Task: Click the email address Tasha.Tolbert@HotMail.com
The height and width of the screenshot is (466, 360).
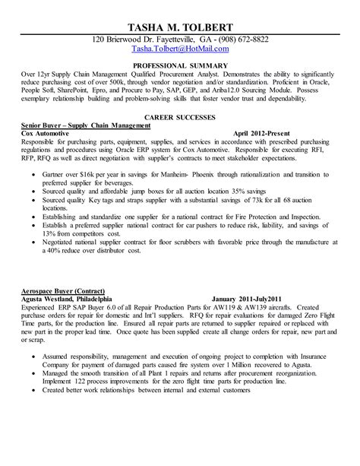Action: click(179, 49)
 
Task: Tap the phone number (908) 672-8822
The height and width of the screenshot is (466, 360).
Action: click(242, 39)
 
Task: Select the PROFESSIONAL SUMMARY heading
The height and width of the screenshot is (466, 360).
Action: click(179, 65)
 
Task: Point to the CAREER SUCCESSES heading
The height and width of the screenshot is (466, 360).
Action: click(179, 117)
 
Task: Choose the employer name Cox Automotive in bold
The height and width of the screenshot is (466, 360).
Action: click(49, 132)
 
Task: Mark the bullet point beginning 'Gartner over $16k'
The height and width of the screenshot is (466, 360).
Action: click(36, 173)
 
